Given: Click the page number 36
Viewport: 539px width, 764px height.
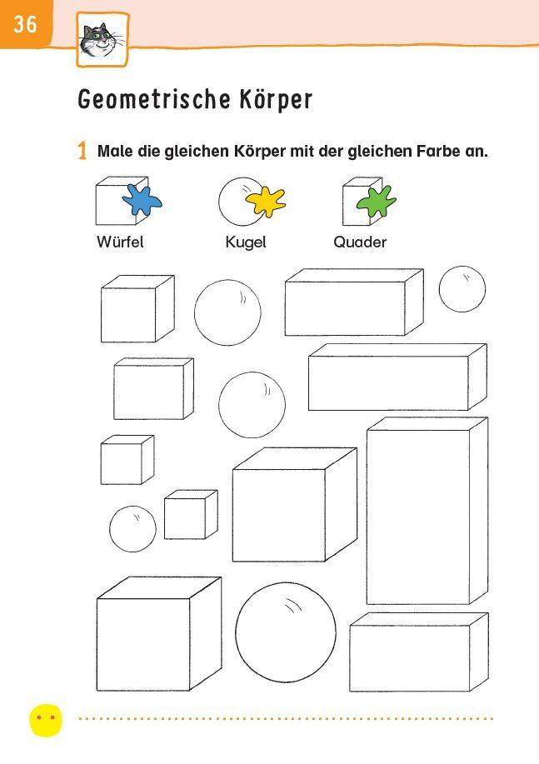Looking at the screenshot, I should pos(25,23).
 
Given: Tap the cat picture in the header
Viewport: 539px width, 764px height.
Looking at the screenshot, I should pos(102,39).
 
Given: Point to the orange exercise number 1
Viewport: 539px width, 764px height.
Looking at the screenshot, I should pos(82,152).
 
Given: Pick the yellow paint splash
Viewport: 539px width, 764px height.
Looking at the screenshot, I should pos(265,202).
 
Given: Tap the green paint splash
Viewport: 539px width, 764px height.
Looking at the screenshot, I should pos(376,202).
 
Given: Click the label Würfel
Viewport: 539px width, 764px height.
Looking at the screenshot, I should pos(120,242).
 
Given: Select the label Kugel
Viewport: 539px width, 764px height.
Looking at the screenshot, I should pos(246,242).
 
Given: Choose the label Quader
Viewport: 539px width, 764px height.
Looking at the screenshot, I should pos(360,242).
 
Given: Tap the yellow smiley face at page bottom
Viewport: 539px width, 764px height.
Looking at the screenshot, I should pos(46,719).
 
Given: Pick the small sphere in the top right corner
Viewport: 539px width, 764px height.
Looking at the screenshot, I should pos(462,289).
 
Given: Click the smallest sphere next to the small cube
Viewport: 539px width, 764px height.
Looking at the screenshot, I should pos(132,528).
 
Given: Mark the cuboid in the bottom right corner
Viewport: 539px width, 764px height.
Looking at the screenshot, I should pos(417,654).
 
